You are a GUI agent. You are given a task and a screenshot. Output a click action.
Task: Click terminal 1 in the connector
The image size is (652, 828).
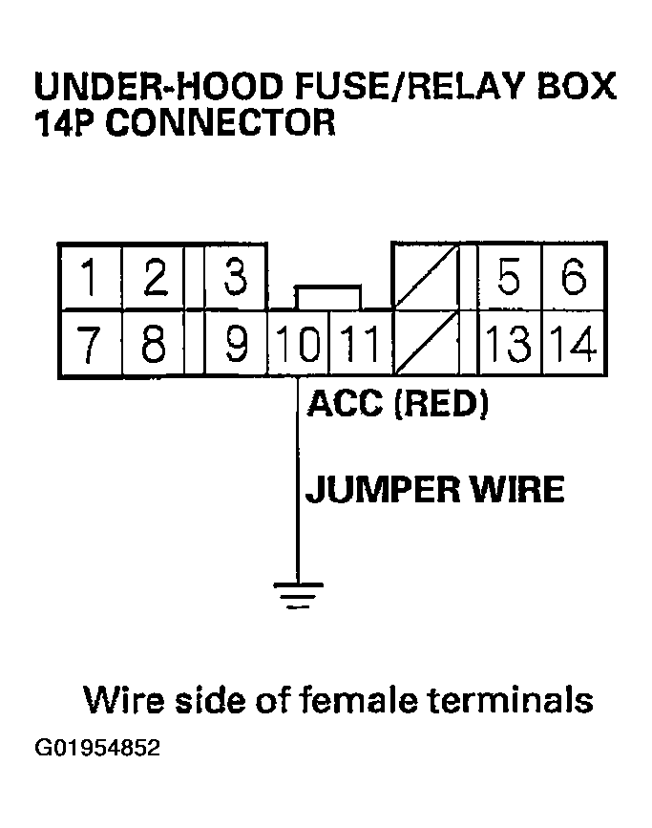(91, 278)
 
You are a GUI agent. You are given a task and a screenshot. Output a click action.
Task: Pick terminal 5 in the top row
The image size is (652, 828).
(509, 278)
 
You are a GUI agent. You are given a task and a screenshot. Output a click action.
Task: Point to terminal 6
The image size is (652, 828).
(573, 278)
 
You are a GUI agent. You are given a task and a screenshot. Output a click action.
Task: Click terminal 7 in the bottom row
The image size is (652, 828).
(91, 343)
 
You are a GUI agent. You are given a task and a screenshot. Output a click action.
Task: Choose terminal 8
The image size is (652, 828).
(154, 343)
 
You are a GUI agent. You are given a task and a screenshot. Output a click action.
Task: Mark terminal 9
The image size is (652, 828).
(234, 343)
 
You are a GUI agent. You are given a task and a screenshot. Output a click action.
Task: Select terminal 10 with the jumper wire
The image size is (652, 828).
(298, 343)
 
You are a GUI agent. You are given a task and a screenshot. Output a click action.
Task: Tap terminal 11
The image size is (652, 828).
(360, 343)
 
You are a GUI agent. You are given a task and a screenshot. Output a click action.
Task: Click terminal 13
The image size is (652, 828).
(509, 343)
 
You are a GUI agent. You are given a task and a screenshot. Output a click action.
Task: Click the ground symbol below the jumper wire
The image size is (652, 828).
(297, 593)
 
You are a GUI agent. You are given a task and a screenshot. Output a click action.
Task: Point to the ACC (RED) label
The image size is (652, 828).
(397, 404)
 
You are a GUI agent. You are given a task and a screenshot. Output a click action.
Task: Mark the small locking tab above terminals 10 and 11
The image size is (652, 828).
(328, 296)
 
